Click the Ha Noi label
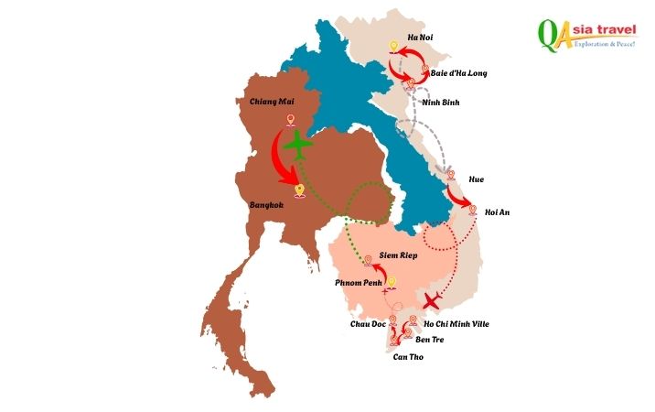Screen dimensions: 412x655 pyautogui.click(x=420, y=37)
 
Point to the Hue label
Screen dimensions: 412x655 pyautogui.click(x=477, y=179)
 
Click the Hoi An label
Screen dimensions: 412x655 pyautogui.click(x=497, y=212)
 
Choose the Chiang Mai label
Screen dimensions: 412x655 pyautogui.click(x=270, y=102)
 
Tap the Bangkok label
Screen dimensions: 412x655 pyautogui.click(x=266, y=206)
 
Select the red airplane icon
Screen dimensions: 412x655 pyautogui.click(x=433, y=300)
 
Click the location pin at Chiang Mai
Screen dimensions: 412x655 pyautogui.click(x=291, y=121)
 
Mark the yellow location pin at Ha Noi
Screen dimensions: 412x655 pyautogui.click(x=393, y=46)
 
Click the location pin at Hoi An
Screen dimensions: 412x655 pyautogui.click(x=473, y=210)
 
